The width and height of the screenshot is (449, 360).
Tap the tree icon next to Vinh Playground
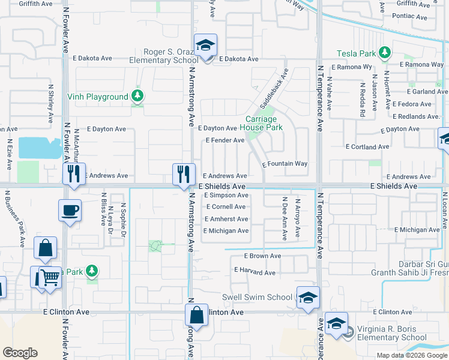click(x=138, y=97)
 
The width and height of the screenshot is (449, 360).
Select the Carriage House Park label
click(x=262, y=123)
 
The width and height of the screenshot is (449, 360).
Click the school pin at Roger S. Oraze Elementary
click(x=205, y=46)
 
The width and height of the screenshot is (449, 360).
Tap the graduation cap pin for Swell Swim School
click(x=308, y=298)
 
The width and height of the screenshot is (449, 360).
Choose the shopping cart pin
click(x=50, y=277)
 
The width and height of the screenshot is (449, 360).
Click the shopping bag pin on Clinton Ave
click(x=196, y=314)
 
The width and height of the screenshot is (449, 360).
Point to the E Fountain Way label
click(x=285, y=164)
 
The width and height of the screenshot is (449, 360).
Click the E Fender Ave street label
click(x=224, y=140)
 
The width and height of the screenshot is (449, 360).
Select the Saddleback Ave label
click(x=274, y=88)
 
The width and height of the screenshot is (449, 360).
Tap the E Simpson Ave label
click(x=226, y=196)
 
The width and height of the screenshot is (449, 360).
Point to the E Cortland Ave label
click(x=369, y=147)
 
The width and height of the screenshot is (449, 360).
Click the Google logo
click(x=20, y=353)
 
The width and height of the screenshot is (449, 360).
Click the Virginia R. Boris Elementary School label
click(x=391, y=333)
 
